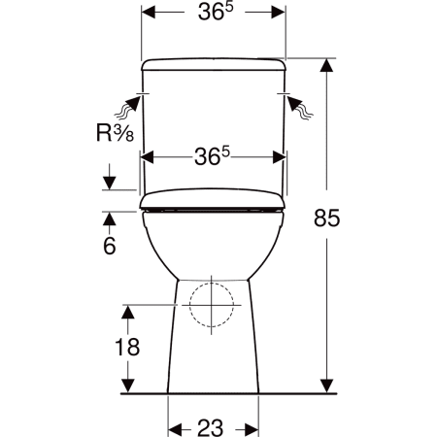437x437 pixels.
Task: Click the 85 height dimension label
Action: [x=326, y=218]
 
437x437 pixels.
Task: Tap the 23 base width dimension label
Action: [x=211, y=428]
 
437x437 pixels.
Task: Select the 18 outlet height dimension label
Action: [x=127, y=347]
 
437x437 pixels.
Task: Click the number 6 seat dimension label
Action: [x=110, y=246]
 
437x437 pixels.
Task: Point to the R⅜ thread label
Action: [x=116, y=133]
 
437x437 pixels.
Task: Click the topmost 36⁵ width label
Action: [x=216, y=12]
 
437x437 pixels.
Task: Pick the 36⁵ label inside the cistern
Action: [x=212, y=156]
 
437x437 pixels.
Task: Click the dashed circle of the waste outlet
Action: [x=212, y=305]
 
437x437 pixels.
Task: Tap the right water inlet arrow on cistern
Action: [x=299, y=107]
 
